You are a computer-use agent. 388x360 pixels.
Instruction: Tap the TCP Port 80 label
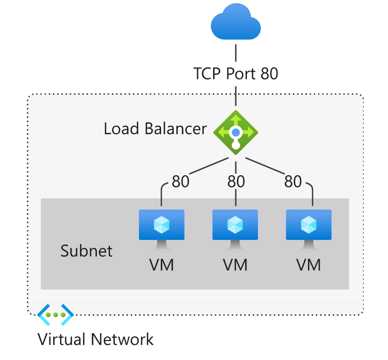click(235, 73)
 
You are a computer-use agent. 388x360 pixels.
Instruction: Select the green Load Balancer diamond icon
click(235, 132)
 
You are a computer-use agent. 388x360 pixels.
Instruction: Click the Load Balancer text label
click(155, 128)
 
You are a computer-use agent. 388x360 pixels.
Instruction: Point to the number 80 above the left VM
click(181, 182)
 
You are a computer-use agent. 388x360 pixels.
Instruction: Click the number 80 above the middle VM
click(235, 182)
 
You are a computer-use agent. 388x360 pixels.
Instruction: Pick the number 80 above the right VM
click(293, 182)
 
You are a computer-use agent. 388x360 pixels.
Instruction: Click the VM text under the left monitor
click(161, 265)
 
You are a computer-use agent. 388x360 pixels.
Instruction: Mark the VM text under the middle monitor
click(235, 265)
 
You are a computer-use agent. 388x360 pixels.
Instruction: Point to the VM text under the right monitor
click(309, 265)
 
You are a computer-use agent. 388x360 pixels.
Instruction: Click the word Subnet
click(86, 251)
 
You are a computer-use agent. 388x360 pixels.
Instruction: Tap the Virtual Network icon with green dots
click(55, 315)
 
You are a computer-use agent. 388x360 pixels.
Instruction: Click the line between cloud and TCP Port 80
click(235, 53)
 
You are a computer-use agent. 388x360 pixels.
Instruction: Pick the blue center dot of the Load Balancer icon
click(235, 132)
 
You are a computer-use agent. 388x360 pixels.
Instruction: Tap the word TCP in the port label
click(208, 73)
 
